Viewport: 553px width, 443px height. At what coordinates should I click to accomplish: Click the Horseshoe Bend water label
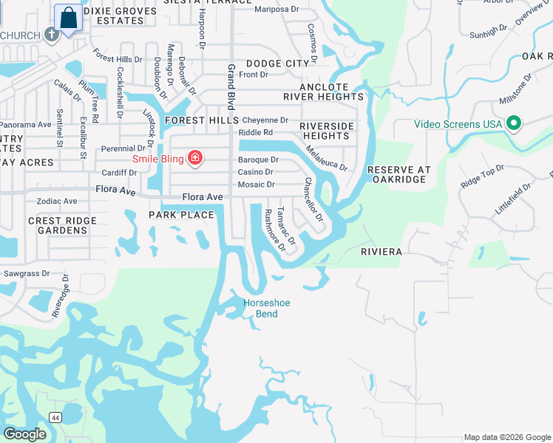click(262, 308)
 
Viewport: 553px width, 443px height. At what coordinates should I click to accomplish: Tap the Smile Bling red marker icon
click(195, 157)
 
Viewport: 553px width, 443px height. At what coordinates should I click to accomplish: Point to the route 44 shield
click(55, 417)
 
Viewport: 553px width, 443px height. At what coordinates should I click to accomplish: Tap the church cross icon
click(51, 34)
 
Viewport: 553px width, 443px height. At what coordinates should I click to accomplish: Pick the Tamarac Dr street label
click(286, 226)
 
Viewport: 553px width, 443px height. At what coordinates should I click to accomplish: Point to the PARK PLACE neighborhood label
click(181, 215)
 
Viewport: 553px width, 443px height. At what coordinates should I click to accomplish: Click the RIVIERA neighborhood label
click(381, 252)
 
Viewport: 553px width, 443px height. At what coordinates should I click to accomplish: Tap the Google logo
click(25, 434)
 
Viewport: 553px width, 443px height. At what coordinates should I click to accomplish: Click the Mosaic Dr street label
click(256, 185)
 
